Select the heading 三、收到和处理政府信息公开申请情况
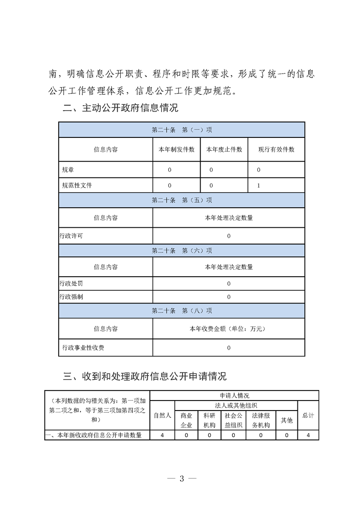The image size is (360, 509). click(x=145, y=376)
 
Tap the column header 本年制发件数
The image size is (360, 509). click(x=176, y=149)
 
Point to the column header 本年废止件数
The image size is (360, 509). click(x=224, y=149)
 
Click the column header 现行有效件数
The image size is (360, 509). click(x=276, y=149)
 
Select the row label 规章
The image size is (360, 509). click(x=69, y=170)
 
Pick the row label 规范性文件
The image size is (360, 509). click(x=77, y=185)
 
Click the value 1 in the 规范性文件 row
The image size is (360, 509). click(x=258, y=185)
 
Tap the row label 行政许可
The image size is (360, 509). click(x=71, y=236)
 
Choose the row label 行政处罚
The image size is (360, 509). click(x=71, y=284)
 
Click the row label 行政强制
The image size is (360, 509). click(x=71, y=297)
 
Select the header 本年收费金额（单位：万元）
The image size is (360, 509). click(x=229, y=328)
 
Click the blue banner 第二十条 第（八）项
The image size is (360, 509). click(x=182, y=311)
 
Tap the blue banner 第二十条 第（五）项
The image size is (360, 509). click(x=182, y=200)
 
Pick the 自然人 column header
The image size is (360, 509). click(x=162, y=415)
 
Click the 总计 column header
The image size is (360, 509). click(x=308, y=415)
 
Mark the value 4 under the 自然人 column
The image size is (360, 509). click(x=162, y=435)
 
